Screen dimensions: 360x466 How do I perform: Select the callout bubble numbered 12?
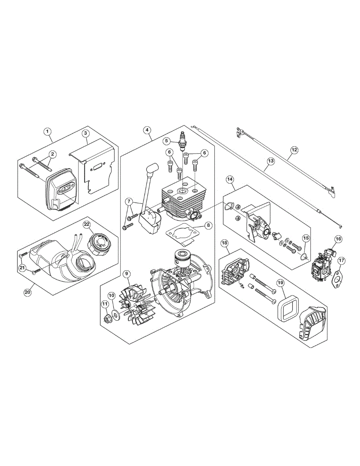[x=294, y=149]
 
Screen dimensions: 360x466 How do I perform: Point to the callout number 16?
[x=338, y=239]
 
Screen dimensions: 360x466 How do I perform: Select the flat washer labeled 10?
[x=116, y=314]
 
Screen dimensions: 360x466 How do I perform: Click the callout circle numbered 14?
[x=230, y=179]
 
